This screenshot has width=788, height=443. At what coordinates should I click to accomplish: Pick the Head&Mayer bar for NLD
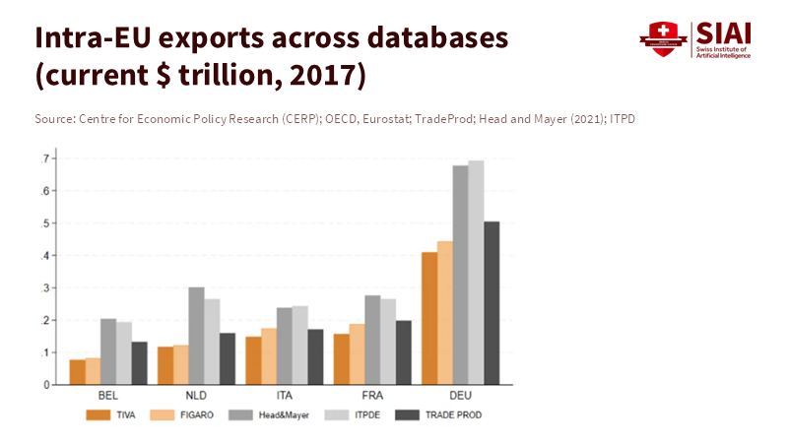pyautogui.click(x=197, y=336)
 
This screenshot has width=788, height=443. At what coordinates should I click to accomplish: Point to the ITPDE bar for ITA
pyautogui.click(x=300, y=345)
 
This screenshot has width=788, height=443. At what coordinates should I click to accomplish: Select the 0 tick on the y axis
pyautogui.click(x=47, y=385)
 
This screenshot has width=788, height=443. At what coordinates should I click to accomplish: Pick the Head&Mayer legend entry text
pyautogui.click(x=284, y=415)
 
